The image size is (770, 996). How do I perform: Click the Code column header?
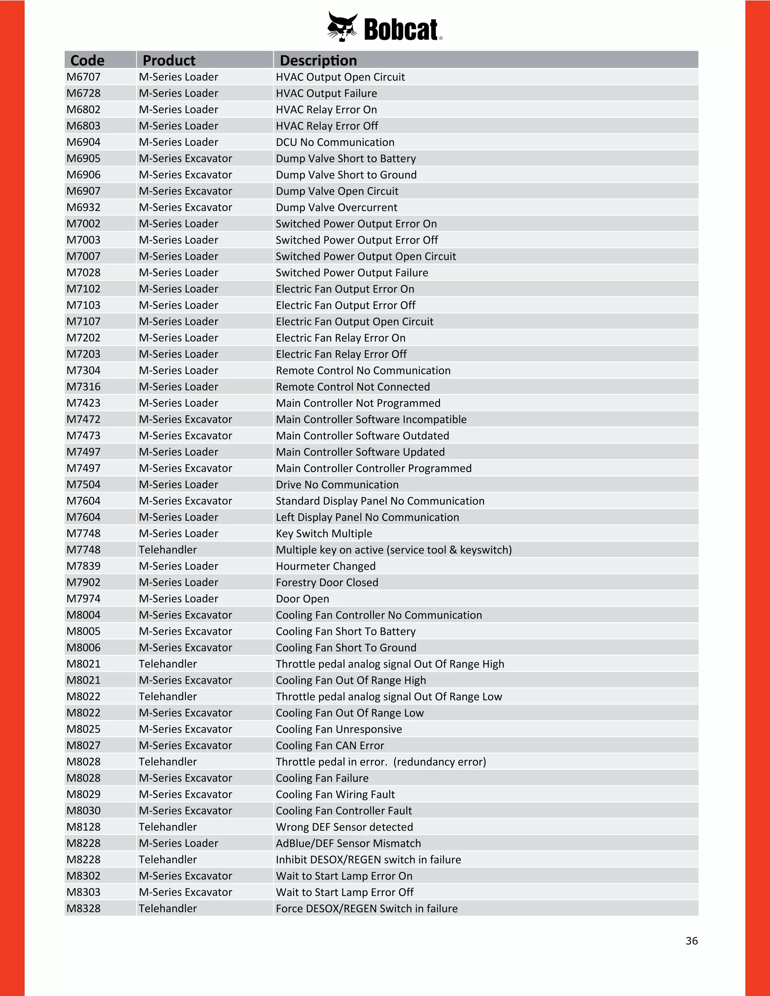point(87,60)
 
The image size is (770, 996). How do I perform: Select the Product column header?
point(169,60)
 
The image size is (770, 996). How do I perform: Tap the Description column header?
point(318,60)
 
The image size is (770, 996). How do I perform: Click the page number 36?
point(691,941)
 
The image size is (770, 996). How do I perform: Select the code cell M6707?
point(83,77)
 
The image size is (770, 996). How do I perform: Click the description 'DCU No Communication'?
point(335,142)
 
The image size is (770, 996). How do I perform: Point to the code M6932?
point(83,207)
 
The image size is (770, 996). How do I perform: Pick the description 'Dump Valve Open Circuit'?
point(336,191)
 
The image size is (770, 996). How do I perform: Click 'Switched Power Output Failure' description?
point(352,272)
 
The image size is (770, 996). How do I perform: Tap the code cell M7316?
point(83,386)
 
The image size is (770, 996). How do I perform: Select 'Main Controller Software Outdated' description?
point(362,436)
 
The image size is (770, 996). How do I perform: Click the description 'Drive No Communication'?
point(337,484)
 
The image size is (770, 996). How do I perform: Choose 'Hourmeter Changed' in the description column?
point(326,566)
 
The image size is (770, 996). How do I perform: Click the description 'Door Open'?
point(302,598)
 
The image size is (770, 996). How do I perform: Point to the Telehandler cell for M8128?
point(168,827)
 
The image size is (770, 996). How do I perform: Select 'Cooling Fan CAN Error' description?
point(330,745)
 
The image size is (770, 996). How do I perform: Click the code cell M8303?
point(83,892)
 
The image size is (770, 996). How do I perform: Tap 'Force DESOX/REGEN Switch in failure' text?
point(366,908)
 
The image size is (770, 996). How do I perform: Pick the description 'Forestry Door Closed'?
point(327,582)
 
